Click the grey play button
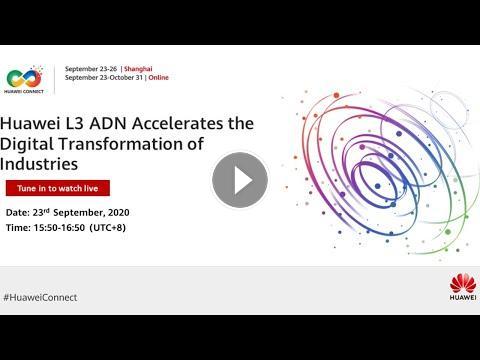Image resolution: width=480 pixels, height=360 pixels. (240, 180)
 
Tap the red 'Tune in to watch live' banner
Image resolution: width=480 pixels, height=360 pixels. (58, 188)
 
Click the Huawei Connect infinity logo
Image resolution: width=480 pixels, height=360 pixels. (24, 78)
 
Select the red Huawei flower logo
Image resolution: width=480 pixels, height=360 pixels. (463, 283)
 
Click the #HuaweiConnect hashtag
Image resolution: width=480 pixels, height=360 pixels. (40, 297)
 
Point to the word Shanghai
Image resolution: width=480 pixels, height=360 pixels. (138, 69)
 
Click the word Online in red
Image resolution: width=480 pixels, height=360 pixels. (159, 77)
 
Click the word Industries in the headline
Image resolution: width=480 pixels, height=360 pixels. (39, 164)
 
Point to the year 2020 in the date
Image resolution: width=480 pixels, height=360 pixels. (119, 213)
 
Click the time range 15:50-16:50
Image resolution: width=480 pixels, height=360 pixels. (59, 228)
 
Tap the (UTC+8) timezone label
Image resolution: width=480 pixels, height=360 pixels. (108, 228)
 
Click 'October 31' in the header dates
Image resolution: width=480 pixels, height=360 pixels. (126, 77)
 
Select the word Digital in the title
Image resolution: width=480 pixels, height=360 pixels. (27, 144)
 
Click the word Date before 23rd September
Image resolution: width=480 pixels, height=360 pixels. (18, 213)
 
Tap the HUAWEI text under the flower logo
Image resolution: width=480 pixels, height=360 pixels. (463, 297)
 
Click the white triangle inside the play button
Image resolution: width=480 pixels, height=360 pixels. (242, 180)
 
